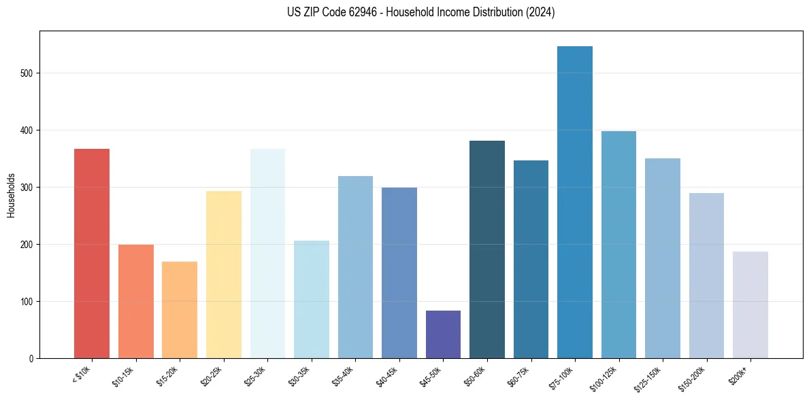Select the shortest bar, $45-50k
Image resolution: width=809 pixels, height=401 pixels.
pyautogui.click(x=443, y=334)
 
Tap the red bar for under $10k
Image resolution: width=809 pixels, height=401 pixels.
pyautogui.click(x=92, y=253)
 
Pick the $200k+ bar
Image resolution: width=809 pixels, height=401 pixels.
pyautogui.click(x=750, y=304)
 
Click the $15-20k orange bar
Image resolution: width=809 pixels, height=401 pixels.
pyautogui.click(x=180, y=309)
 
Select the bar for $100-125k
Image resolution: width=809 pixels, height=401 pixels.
pyautogui.click(x=618, y=245)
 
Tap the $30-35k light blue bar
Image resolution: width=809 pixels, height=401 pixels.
pyautogui.click(x=312, y=299)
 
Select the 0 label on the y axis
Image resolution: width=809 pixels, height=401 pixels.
pyautogui.click(x=32, y=359)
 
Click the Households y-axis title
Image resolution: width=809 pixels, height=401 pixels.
pyautogui.click(x=12, y=194)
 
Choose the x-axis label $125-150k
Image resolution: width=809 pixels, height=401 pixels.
pyautogui.click(x=648, y=379)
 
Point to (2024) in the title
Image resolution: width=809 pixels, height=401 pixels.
pyautogui.click(x=540, y=12)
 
